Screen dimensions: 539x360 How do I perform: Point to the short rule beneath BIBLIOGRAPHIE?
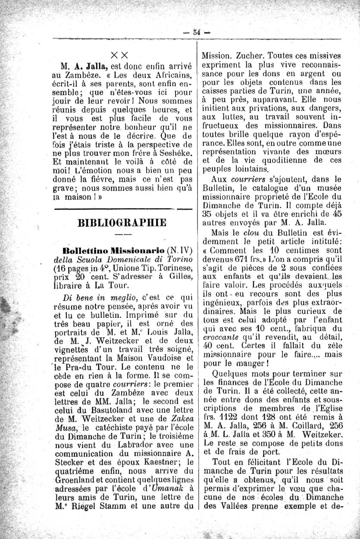(122, 235)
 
